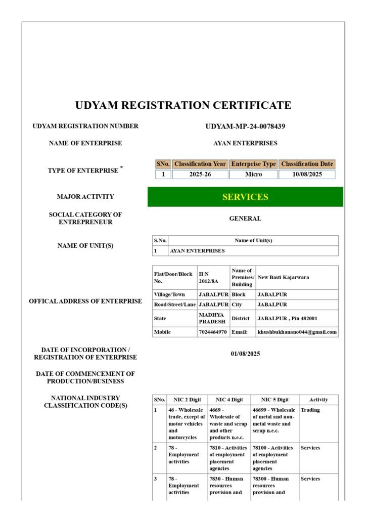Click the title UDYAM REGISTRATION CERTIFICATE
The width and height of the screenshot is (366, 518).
pos(183,105)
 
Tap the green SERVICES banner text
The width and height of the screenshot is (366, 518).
pos(245,197)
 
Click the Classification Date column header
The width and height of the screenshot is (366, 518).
pos(307,164)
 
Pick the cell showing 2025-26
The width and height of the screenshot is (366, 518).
pos(200,175)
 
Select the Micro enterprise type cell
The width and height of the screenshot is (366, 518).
pos(253,175)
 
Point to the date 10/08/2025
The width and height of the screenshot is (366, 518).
pos(307,175)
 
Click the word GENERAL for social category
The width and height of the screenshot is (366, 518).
pos(245,219)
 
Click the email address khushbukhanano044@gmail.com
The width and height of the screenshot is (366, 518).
pos(297,332)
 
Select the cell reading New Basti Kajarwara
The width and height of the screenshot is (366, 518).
pos(283,277)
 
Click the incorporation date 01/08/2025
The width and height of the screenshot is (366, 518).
pos(245,354)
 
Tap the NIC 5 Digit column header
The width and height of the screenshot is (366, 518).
pos(274,400)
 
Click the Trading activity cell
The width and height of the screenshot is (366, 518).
pos(310,410)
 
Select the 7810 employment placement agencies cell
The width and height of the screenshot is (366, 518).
pos(228,458)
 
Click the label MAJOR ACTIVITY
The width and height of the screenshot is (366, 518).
pos(85,197)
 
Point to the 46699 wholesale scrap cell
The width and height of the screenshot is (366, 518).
pos(274,420)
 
